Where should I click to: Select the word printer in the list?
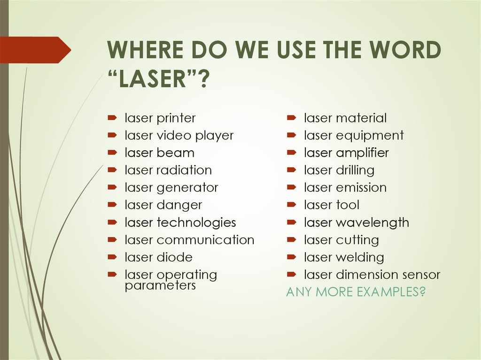coord(176,118)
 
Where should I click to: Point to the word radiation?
coord(184,170)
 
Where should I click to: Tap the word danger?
coord(179,205)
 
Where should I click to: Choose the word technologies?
coord(196,222)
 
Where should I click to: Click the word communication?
coord(205,240)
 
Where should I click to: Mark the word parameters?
coord(160,285)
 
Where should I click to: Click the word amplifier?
coord(363,153)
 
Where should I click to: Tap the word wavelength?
coord(372,222)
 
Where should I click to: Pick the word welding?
coord(360,257)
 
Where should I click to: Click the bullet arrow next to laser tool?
coord(291,205)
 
